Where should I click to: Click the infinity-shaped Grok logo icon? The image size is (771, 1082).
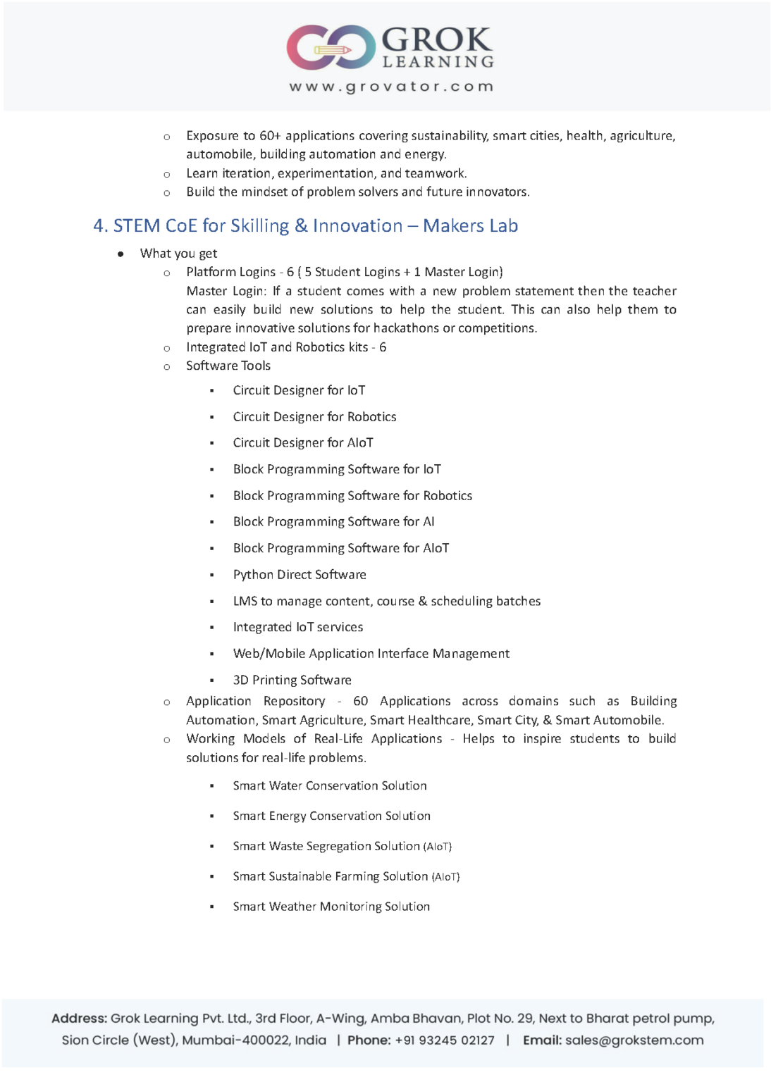tap(330, 47)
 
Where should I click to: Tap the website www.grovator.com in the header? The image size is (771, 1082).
tap(391, 87)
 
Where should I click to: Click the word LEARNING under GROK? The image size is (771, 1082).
tap(438, 62)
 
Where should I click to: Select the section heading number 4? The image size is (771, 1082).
tap(100, 226)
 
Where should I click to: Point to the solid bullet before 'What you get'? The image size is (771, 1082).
tap(121, 254)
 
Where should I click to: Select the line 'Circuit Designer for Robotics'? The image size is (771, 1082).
tap(314, 417)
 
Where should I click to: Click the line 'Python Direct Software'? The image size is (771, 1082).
tap(300, 575)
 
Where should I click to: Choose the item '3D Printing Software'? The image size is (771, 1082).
tap(292, 680)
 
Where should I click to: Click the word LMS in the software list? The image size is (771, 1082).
tap(245, 602)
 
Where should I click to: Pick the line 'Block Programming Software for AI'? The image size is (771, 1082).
tap(333, 522)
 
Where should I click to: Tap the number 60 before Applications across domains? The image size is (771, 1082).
tap(360, 702)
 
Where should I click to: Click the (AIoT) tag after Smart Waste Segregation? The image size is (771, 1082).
tap(437, 847)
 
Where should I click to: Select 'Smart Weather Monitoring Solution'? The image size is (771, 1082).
tap(331, 907)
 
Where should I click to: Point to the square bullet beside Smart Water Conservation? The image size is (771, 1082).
tap(211, 786)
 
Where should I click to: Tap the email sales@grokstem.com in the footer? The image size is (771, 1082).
tap(634, 1040)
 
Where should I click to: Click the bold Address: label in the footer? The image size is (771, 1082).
tap(79, 1019)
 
